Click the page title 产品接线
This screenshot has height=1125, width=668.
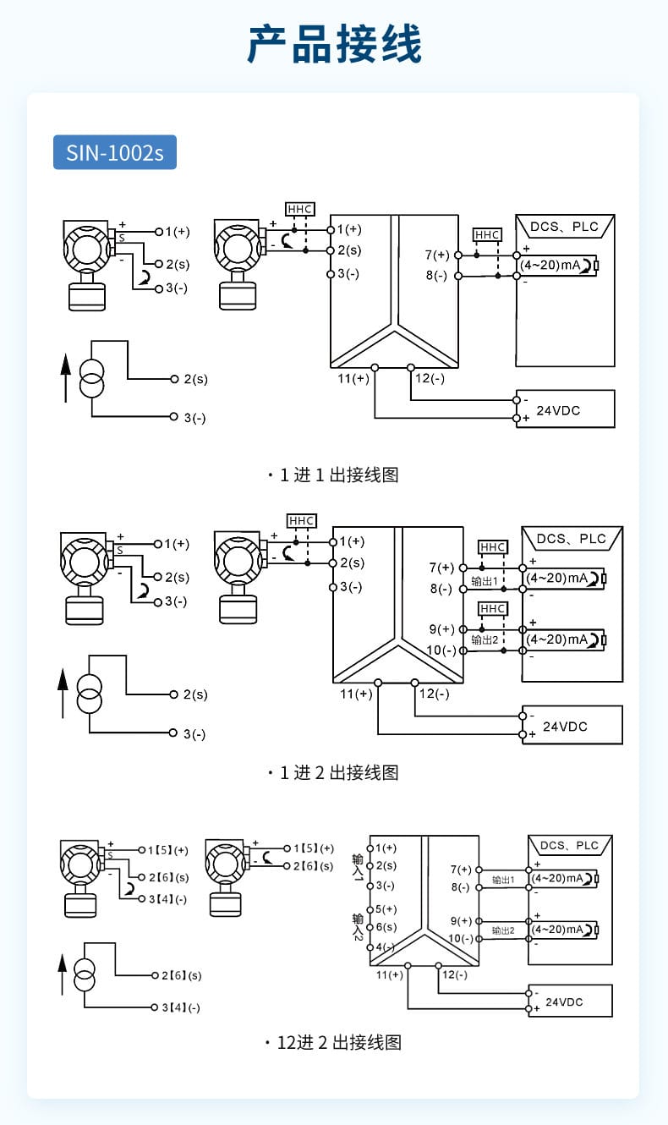334,44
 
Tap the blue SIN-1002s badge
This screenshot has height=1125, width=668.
115,152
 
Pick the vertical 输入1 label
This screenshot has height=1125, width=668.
359,870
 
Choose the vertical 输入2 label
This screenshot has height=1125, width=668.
359,927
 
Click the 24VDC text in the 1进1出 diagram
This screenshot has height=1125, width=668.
560,410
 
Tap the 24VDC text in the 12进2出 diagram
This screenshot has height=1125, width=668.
564,1002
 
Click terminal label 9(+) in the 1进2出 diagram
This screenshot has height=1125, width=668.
441,629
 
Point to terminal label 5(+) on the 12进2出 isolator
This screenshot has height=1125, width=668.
386,909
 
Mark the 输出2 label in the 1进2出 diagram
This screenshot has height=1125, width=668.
485,640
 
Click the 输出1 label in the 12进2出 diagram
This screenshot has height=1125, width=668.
503,881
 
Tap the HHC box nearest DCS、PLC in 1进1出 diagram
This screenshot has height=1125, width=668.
487,234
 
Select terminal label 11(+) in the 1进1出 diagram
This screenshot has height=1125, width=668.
354,379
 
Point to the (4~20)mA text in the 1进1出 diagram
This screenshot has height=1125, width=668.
549,265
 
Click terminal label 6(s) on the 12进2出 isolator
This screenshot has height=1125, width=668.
386,927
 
